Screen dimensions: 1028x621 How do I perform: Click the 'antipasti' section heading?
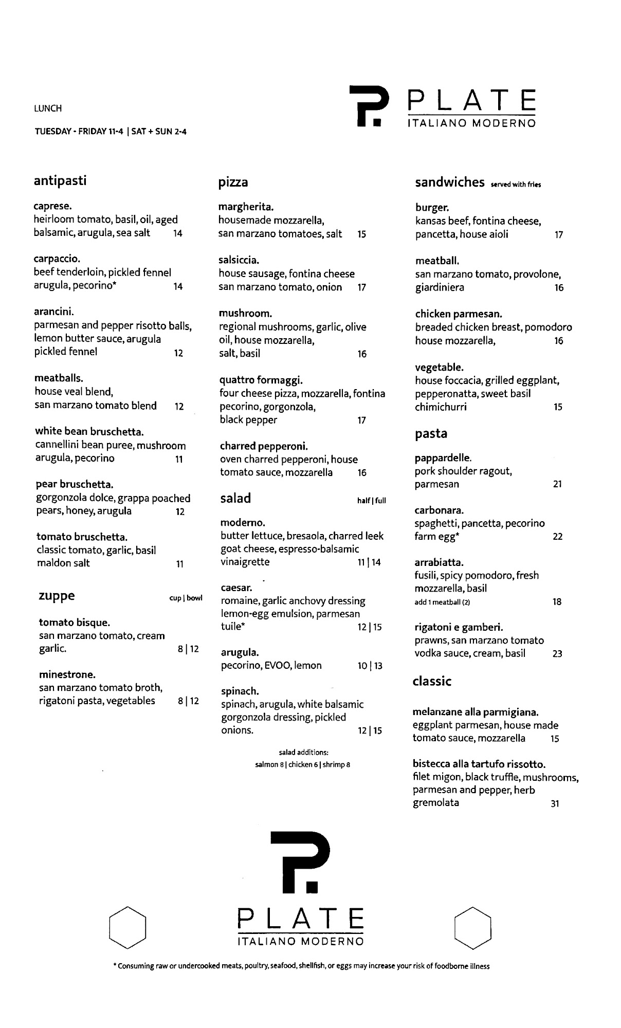(x=60, y=181)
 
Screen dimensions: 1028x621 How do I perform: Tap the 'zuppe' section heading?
(x=57, y=596)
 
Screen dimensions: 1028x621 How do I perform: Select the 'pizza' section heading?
(x=233, y=182)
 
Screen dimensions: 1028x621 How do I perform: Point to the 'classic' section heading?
(x=432, y=682)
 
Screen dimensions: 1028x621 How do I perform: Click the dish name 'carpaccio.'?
(x=57, y=259)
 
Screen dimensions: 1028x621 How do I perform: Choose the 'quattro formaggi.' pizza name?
(x=261, y=380)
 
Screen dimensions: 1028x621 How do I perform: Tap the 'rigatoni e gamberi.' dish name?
(x=459, y=627)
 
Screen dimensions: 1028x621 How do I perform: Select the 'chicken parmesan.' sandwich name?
(x=459, y=314)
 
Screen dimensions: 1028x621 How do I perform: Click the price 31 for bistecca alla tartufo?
(x=555, y=804)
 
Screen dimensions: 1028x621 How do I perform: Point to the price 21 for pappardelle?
(x=557, y=484)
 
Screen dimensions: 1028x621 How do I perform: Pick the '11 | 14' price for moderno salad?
(x=369, y=562)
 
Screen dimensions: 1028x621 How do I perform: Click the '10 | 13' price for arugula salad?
(x=370, y=666)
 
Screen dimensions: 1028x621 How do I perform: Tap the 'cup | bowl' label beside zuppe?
(x=186, y=598)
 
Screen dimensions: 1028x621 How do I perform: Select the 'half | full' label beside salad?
(x=371, y=501)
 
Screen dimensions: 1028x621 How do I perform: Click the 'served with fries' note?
(x=516, y=185)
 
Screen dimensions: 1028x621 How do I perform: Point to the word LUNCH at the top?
(x=48, y=108)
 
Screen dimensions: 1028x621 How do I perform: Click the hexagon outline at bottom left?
(x=128, y=927)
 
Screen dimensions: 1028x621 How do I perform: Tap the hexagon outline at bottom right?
(x=473, y=928)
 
